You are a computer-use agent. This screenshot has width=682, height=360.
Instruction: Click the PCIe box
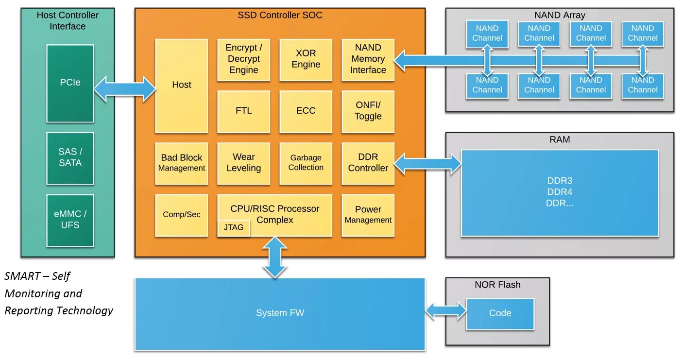coord(70,84)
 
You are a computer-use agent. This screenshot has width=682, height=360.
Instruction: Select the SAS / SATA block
coord(70,158)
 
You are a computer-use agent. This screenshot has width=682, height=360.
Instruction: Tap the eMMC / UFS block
coord(70,221)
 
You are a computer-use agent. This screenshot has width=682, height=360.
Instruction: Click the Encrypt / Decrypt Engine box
coord(243,60)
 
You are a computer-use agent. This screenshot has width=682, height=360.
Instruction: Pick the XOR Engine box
coord(306,60)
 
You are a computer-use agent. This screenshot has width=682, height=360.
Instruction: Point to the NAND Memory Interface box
coord(368,60)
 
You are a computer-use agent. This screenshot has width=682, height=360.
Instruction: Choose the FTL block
coord(243,111)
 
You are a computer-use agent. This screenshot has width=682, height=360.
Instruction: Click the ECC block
coord(306,111)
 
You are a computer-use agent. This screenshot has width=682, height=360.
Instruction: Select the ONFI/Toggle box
coord(368,111)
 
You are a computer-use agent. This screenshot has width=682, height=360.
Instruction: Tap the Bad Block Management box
coord(182,164)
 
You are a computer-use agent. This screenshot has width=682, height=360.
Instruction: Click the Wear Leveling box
coord(243,164)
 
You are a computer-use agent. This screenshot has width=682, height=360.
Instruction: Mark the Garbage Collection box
coord(306,164)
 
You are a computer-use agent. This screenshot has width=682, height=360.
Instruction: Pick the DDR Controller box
coord(368,164)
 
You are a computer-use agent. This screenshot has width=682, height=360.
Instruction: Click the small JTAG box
coord(234,228)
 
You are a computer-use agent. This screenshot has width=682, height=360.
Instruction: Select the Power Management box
coord(368,215)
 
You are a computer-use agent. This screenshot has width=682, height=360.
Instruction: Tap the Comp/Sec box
coord(182,215)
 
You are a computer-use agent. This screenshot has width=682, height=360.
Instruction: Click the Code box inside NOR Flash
coord(500,314)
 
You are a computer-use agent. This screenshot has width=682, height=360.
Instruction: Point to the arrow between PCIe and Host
coord(125,89)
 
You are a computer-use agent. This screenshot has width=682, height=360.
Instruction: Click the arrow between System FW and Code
coord(446,311)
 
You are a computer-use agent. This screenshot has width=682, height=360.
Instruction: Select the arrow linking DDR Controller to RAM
coord(427,164)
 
